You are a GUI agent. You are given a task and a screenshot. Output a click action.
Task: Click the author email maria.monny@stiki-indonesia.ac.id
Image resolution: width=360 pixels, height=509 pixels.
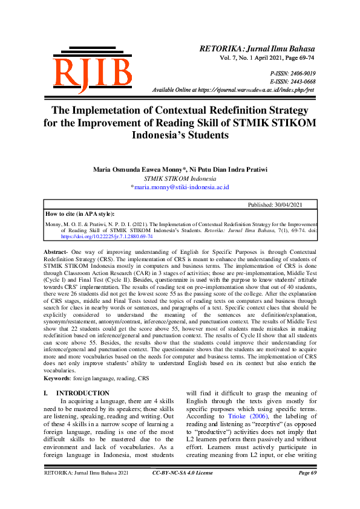point(181,187)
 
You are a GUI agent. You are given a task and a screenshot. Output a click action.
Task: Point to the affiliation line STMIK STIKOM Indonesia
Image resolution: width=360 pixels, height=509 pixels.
point(180,179)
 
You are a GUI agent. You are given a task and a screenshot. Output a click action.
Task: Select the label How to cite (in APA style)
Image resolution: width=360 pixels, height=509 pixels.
point(80,213)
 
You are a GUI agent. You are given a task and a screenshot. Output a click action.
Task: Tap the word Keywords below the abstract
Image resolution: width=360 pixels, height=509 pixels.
point(57,378)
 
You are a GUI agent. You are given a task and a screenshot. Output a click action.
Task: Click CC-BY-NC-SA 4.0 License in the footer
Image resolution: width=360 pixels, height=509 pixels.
point(182,490)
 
